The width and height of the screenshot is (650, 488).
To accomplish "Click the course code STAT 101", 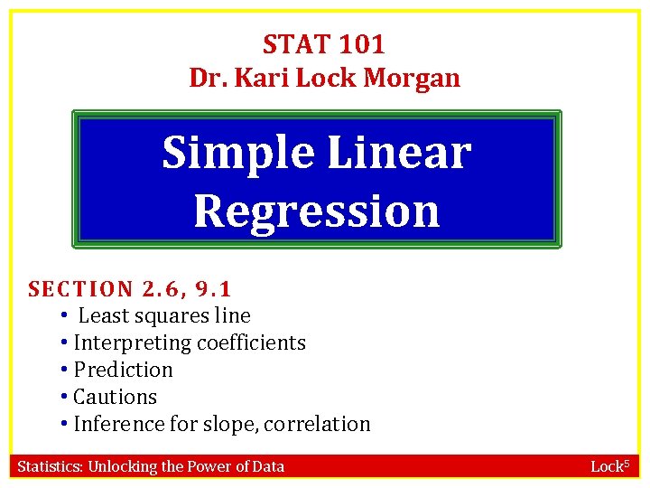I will coord(324,43).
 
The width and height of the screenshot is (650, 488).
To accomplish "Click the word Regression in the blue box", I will coord(316,211).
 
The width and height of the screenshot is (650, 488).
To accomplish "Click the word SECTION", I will coord(80,289).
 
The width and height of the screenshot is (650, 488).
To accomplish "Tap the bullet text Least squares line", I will coord(164,315).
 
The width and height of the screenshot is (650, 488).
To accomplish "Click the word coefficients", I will coord(253,343).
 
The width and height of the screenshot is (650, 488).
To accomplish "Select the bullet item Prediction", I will coord(123,370).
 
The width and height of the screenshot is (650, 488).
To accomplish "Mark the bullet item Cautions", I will coord(115,397).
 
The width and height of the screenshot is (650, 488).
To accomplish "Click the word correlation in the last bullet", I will coord(318,424).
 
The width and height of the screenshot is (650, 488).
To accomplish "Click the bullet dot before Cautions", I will coord(65,397).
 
